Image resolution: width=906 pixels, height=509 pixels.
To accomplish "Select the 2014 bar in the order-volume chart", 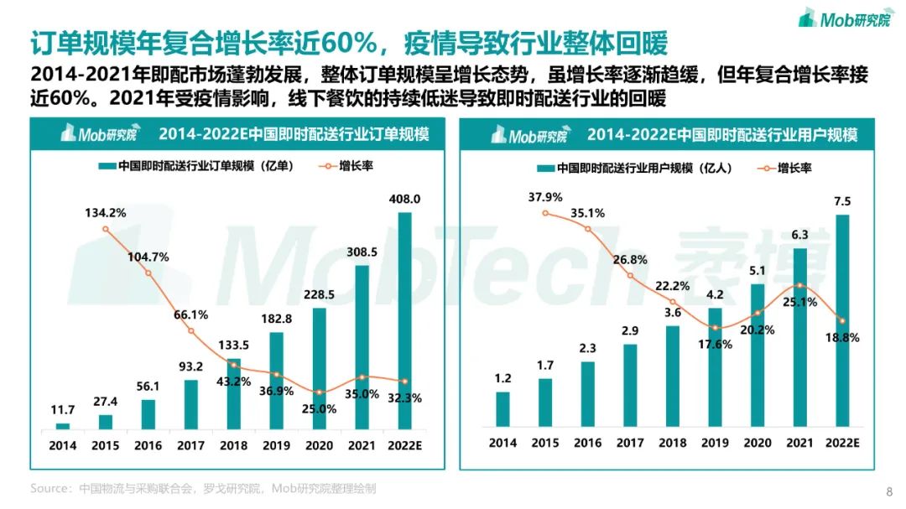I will [63, 426].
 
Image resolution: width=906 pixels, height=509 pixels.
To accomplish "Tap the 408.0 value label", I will [405, 199].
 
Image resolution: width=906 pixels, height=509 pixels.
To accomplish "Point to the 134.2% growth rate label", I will [105, 213].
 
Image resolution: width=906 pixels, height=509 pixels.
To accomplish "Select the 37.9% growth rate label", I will [546, 198].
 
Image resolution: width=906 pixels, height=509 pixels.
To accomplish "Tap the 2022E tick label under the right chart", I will [843, 442].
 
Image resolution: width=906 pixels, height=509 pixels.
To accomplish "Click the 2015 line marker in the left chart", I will [106, 229].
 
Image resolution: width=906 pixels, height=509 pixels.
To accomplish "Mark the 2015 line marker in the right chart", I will [546, 213].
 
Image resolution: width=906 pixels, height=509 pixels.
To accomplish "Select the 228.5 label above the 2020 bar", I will [320, 294].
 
